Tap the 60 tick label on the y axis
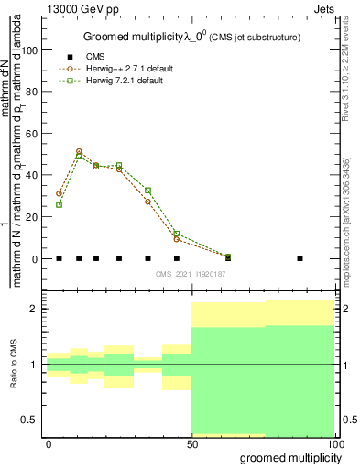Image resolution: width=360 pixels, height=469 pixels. coord(33,134)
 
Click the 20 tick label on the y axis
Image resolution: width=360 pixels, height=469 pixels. coord(33,217)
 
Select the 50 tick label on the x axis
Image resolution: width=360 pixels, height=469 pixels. coord(191,443)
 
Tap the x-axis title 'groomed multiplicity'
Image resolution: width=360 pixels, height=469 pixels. coord(289,457)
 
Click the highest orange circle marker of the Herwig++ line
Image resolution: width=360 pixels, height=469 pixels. coord(79,151)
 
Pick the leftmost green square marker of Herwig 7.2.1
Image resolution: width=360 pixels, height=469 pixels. coord(59,204)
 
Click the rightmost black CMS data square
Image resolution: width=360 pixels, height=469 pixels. coord(300,258)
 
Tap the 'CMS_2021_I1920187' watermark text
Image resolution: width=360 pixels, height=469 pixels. coord(191,274)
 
